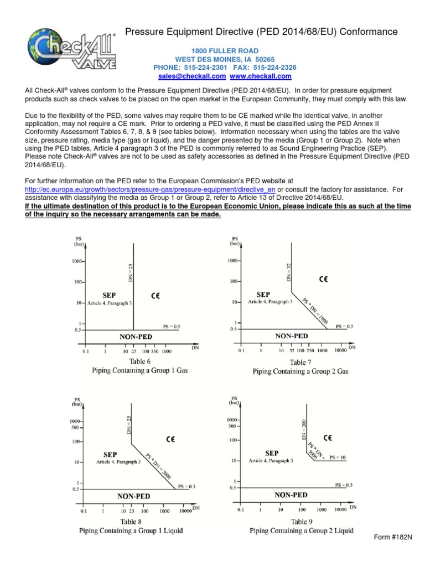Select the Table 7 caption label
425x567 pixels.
coord(301,362)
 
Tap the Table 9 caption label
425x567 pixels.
coord(301,522)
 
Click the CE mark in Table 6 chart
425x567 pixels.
coord(156,297)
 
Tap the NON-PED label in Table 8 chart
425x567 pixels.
coord(134,497)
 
